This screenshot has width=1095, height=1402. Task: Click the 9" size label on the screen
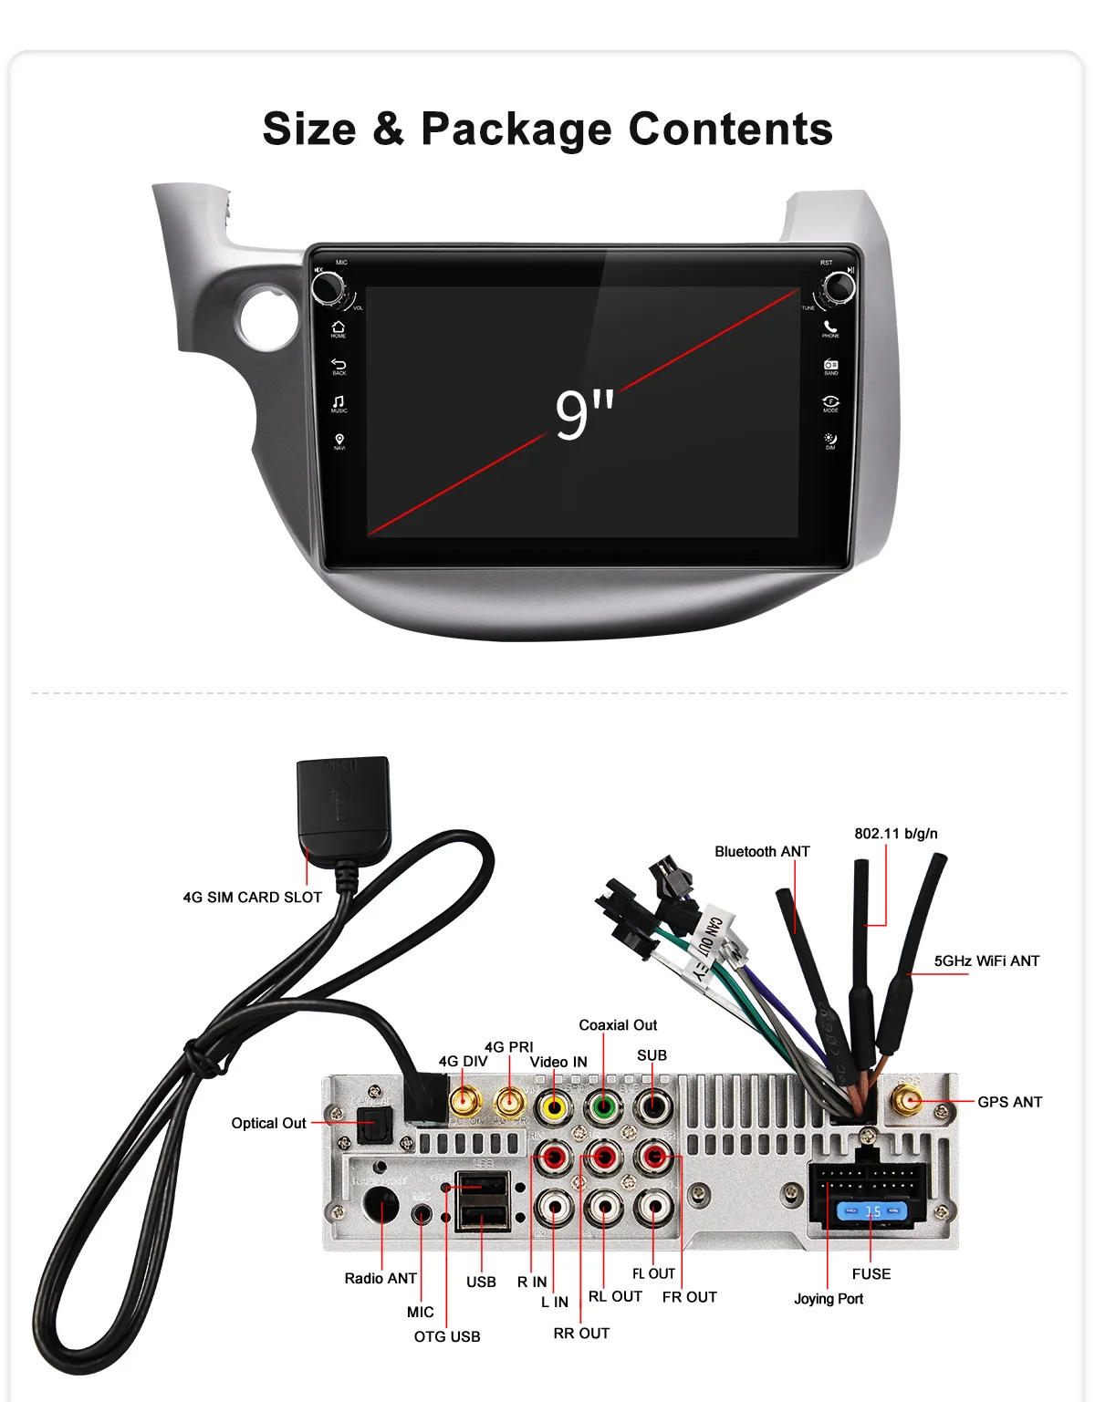[584, 414]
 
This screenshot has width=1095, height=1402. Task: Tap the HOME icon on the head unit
[339, 327]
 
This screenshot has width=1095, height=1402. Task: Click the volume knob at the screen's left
[328, 287]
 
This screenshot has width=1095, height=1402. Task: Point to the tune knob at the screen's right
[839, 286]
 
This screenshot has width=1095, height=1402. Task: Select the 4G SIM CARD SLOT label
[252, 898]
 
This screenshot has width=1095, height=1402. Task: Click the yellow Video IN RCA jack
[553, 1108]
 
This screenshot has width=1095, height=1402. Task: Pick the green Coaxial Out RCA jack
[602, 1108]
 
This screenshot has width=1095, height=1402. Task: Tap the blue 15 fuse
[872, 1211]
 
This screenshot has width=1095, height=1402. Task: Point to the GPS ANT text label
[1009, 1102]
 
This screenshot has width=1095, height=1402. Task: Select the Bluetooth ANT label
[762, 851]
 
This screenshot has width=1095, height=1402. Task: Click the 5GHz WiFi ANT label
[986, 961]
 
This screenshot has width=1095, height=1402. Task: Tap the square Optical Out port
[373, 1124]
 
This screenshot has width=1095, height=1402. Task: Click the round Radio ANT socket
[381, 1206]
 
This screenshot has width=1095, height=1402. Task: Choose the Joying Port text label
[828, 1299]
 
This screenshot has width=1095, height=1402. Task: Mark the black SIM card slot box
[343, 797]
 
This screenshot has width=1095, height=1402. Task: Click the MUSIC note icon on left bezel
[339, 402]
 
